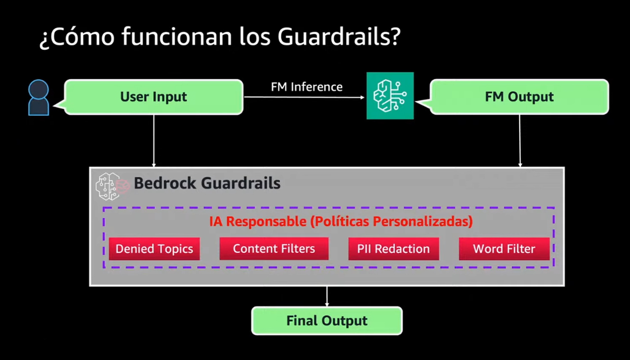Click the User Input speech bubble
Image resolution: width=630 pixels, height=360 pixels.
(153, 97)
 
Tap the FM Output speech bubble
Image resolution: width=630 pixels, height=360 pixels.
(519, 97)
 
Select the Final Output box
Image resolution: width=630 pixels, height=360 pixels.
(327, 320)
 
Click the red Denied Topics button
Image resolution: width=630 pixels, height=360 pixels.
(154, 249)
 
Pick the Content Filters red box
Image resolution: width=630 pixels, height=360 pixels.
(274, 248)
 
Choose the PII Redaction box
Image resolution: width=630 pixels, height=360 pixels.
(393, 249)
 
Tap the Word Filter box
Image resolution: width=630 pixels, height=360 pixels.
(504, 249)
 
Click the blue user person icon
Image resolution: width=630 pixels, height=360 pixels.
(39, 98)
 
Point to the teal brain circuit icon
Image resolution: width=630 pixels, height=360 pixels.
(390, 96)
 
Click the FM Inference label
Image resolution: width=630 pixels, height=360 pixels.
(306, 87)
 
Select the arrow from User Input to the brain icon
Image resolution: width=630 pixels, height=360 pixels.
(304, 97)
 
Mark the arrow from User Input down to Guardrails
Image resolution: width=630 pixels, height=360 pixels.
(154, 141)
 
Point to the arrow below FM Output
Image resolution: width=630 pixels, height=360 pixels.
(520, 141)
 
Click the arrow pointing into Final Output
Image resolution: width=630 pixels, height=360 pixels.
(327, 297)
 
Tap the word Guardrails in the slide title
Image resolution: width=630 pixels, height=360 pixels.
(339, 36)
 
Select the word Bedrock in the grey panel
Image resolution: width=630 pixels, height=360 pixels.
(165, 183)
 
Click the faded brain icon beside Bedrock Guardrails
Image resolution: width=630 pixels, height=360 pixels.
(112, 186)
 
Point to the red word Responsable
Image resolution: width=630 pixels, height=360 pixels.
(266, 221)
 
